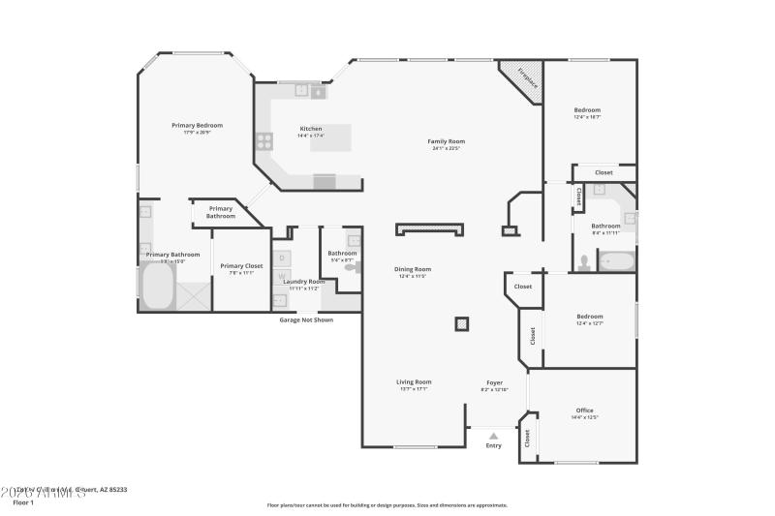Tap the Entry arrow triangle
click(x=494, y=436)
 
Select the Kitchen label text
click(x=311, y=129)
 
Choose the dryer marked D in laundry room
click(x=281, y=258)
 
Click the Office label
click(x=584, y=410)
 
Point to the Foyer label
click(x=494, y=382)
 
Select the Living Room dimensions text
click(x=414, y=389)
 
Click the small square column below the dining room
click(x=462, y=324)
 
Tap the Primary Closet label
click(x=241, y=265)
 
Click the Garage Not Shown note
click(x=306, y=319)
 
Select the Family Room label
click(x=447, y=141)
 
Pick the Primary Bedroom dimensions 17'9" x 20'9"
click(x=198, y=133)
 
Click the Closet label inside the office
click(x=528, y=438)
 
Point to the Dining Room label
click(x=413, y=269)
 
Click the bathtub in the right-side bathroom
click(x=616, y=260)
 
